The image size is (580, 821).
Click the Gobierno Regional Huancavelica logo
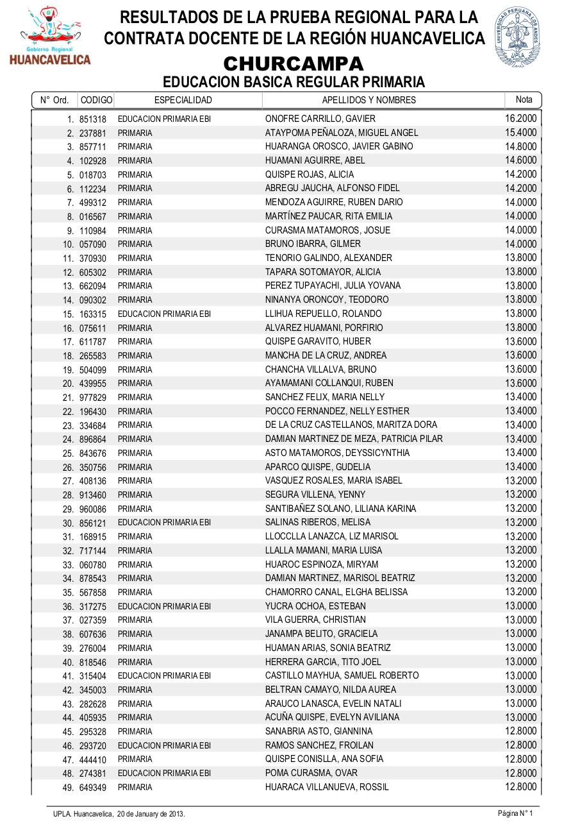pyautogui.click(x=49, y=36)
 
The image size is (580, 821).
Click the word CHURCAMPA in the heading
pyautogui.click(x=294, y=64)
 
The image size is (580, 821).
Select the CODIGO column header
pyautogui.click(x=96, y=100)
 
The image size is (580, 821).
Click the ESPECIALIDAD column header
pyautogui.click(x=183, y=100)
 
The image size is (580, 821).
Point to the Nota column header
pyautogui.click(x=524, y=99)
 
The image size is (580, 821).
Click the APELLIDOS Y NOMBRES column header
pyautogui.click(x=369, y=100)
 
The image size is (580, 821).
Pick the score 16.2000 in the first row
pyautogui.click(x=520, y=118)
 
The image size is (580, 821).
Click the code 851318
pyautogui.click(x=93, y=119)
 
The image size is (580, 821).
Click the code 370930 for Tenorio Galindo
pyautogui.click(x=93, y=258)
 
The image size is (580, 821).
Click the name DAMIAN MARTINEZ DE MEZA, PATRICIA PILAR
pyautogui.click(x=354, y=439)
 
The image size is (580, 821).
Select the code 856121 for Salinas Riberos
pyautogui.click(x=93, y=523)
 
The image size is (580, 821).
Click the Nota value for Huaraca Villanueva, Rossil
pyautogui.click(x=520, y=786)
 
